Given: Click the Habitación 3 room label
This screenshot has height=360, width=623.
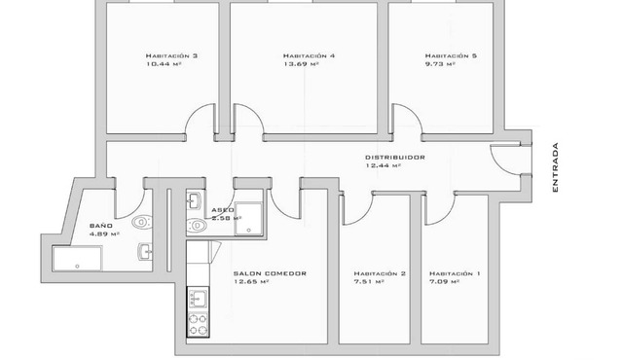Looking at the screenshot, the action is pos(171,56).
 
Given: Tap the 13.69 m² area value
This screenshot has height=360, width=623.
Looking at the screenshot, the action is pos(301,63).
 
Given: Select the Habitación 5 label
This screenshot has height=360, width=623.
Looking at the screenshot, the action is pos(451,56).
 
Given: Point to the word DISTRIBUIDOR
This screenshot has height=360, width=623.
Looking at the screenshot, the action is pos(395,158).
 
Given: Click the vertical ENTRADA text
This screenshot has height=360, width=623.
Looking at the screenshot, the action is pos(555,167).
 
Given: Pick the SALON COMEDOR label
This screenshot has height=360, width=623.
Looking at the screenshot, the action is pos(270,273).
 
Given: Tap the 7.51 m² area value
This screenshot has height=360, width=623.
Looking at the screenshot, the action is pos(369,282).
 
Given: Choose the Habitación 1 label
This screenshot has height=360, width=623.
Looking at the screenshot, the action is pos(455,273).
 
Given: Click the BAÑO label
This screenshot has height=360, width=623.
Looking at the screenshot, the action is pos(101,226).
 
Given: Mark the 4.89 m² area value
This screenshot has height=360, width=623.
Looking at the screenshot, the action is pos(104,234).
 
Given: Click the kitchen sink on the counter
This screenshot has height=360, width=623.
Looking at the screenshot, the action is pos(198,299).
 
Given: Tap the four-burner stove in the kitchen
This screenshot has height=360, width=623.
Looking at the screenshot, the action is pos(198,324).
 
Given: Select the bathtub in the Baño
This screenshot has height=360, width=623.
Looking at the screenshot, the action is pos(77,259).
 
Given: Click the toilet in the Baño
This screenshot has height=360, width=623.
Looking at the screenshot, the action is pos(142,222).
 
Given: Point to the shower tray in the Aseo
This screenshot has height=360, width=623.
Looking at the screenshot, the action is pos(248,219).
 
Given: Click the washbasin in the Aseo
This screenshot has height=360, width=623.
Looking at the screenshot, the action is pos(195,200).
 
